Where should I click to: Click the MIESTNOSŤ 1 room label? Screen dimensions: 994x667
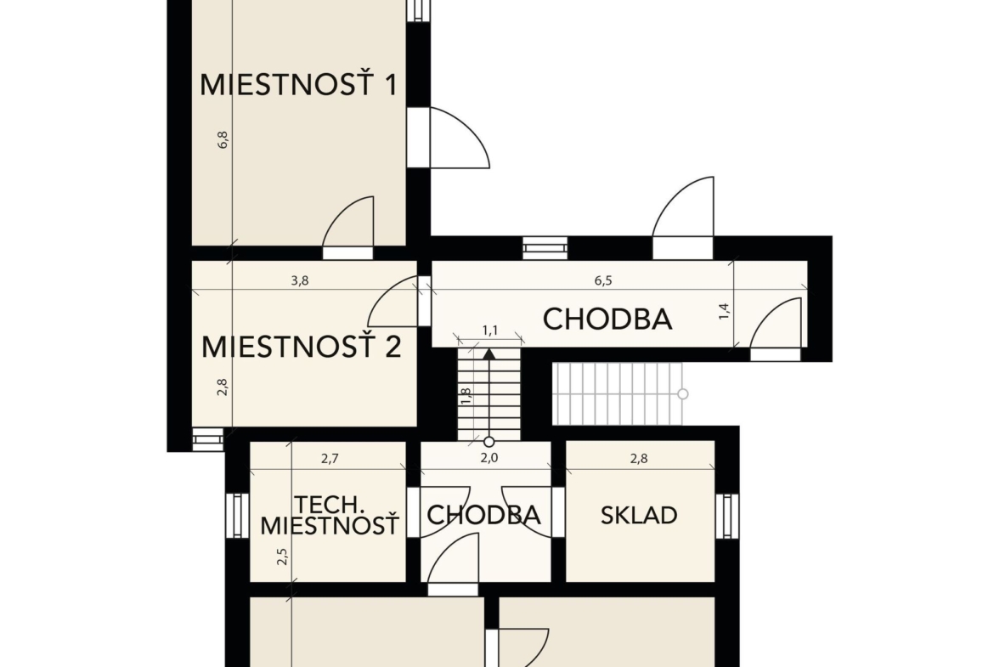pyautogui.click(x=298, y=85)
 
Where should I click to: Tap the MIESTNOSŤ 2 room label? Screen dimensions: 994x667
pyautogui.click(x=301, y=347)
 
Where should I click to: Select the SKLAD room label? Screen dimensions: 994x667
pyautogui.click(x=639, y=516)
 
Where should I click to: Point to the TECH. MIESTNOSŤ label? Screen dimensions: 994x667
pyautogui.click(x=330, y=516)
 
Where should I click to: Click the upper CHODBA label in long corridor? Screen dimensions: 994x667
pyautogui.click(x=607, y=319)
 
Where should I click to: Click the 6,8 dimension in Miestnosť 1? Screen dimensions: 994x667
pyautogui.click(x=223, y=139)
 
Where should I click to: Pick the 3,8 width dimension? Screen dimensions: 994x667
pyautogui.click(x=300, y=280)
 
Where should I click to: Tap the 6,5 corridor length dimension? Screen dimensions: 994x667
pyautogui.click(x=603, y=280)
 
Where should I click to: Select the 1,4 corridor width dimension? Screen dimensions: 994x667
pyautogui.click(x=725, y=311)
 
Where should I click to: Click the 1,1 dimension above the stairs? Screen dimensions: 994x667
pyautogui.click(x=490, y=331)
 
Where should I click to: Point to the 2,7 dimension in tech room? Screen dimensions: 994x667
pyautogui.click(x=330, y=459)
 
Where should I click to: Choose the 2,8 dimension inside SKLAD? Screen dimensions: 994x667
pyautogui.click(x=639, y=459)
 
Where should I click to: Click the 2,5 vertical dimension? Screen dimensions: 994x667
pyautogui.click(x=283, y=557)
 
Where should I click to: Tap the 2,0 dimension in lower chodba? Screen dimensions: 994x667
pyautogui.click(x=489, y=459)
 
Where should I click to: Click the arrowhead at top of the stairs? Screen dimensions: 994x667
pyautogui.click(x=489, y=353)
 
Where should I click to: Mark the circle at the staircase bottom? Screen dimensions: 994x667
pyautogui.click(x=489, y=441)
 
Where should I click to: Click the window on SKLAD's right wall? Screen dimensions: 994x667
pyautogui.click(x=727, y=516)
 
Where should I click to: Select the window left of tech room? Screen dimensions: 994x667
pyautogui.click(x=237, y=516)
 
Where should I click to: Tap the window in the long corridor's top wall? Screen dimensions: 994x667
pyautogui.click(x=545, y=248)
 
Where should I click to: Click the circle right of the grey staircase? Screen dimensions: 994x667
pyautogui.click(x=683, y=393)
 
